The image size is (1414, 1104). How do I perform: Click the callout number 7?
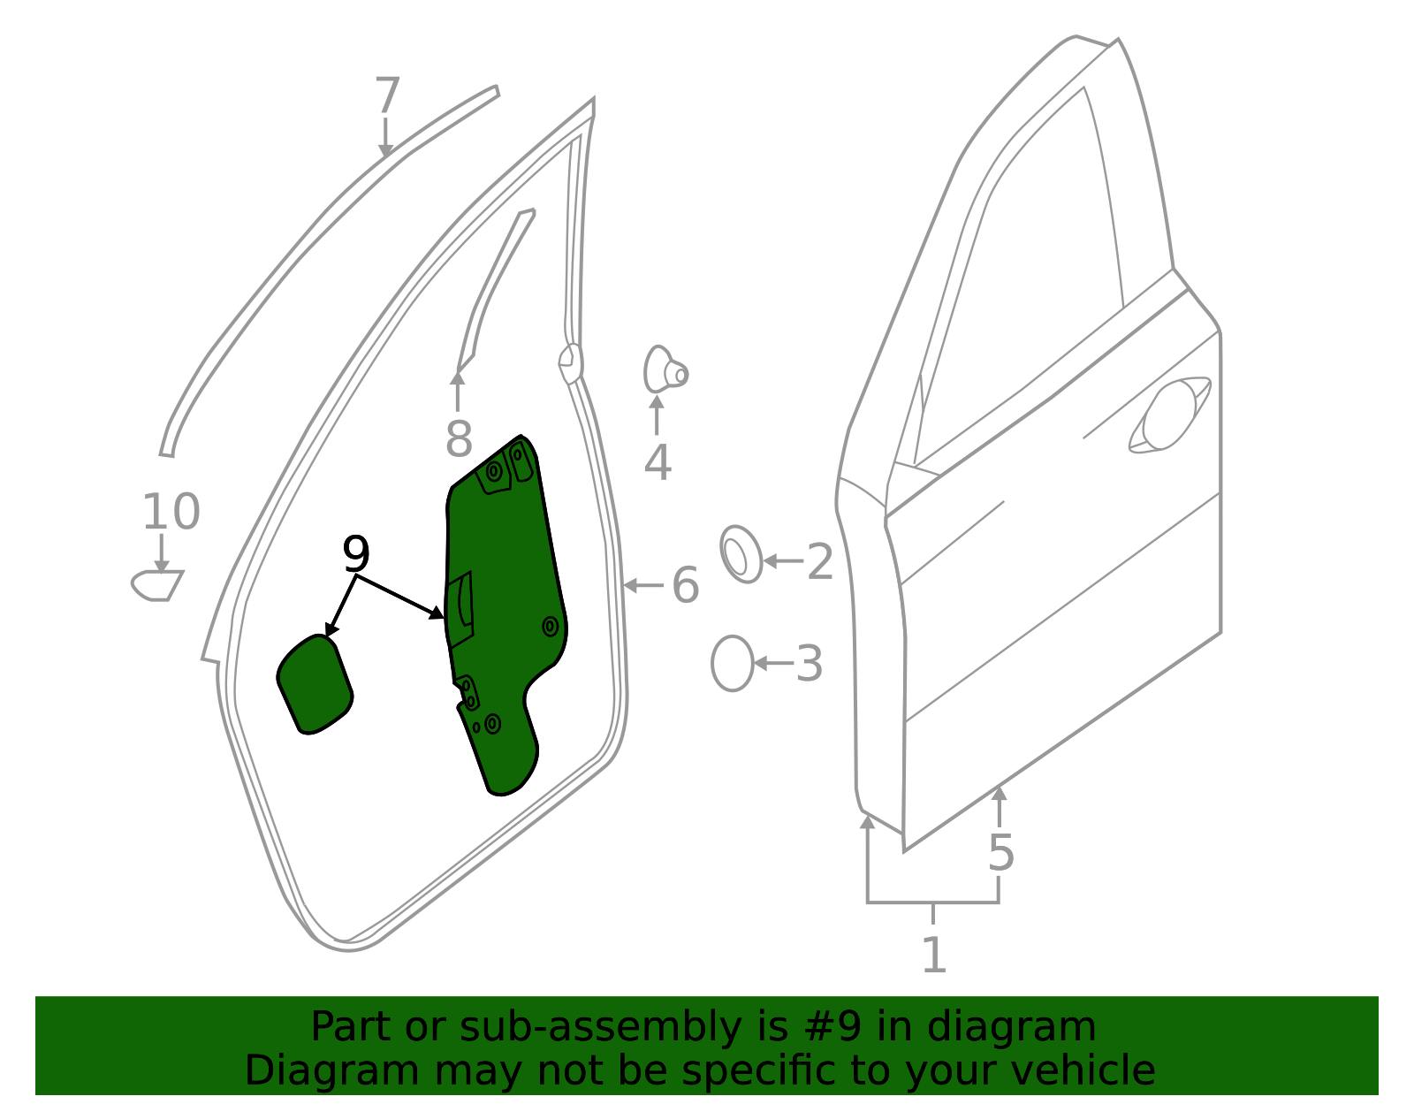(x=387, y=95)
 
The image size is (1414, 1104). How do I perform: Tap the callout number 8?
(x=458, y=438)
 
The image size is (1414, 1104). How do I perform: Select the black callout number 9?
(x=355, y=554)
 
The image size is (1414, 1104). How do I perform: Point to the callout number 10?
(x=171, y=512)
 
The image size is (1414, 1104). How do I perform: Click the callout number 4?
(x=657, y=462)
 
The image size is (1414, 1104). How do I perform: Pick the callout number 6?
(x=685, y=585)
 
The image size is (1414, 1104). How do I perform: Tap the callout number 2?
(x=820, y=562)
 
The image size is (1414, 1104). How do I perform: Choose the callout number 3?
(x=809, y=664)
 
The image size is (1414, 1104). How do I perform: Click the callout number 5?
(x=1000, y=853)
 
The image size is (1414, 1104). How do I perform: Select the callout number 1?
(x=933, y=955)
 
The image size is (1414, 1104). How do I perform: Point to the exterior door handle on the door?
(x=1168, y=415)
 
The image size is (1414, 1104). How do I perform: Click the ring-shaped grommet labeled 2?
(x=741, y=555)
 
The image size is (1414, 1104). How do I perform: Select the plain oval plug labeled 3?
(x=732, y=663)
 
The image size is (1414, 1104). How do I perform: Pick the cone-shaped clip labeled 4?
(x=664, y=369)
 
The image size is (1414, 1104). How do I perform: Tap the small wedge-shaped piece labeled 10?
(x=157, y=585)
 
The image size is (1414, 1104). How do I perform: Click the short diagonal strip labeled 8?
(x=495, y=283)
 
